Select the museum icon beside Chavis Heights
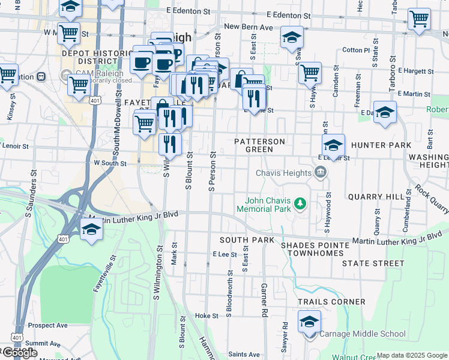(320, 173)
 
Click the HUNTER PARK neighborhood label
(381, 145)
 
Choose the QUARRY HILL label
(376, 197)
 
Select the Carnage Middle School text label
(362, 334)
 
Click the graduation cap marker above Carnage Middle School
(309, 323)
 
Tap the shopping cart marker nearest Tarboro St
(418, 19)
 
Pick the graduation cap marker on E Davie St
(385, 112)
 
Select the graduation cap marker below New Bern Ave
(292, 37)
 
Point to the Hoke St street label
(206, 316)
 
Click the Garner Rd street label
(264, 300)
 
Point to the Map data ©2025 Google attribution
(412, 355)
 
